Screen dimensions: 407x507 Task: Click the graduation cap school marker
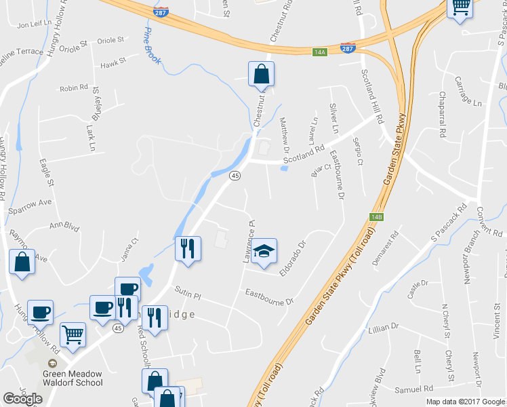[x=264, y=252]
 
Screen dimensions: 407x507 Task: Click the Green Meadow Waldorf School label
[x=73, y=378]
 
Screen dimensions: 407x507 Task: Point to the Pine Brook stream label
[x=152, y=47]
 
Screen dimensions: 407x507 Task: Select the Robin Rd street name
[x=74, y=88]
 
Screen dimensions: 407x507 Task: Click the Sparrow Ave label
[x=30, y=203]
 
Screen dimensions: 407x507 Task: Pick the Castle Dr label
[x=418, y=284]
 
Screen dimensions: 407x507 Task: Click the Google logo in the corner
[x=22, y=399]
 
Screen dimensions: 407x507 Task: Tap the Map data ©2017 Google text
[x=466, y=402]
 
